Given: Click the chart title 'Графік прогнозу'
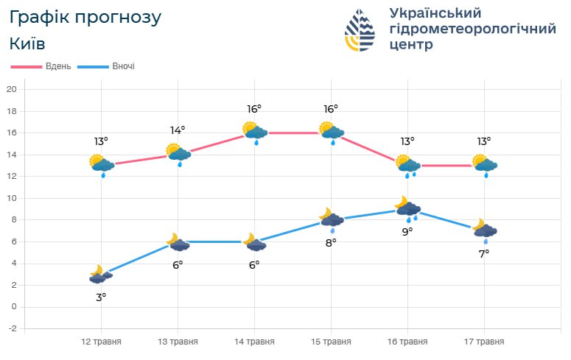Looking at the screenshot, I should click(x=85, y=17).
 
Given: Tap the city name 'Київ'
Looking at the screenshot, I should click(x=27, y=43).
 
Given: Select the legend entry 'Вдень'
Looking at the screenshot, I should click(x=58, y=66).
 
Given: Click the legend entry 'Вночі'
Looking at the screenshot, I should click(x=123, y=66).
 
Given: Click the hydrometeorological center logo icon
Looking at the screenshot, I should click(x=360, y=30).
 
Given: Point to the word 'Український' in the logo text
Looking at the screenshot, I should click(x=435, y=13).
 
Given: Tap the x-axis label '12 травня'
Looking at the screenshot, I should click(x=101, y=342).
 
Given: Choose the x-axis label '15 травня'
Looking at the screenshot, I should click(x=331, y=342).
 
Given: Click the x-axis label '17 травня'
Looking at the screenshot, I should click(x=484, y=342).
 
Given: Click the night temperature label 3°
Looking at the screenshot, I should click(x=101, y=297).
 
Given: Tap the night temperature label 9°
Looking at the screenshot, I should click(x=407, y=231).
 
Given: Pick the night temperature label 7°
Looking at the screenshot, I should click(x=484, y=253).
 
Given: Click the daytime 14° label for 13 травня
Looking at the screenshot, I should click(x=178, y=130).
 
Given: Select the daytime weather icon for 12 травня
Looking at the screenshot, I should click(x=101, y=165).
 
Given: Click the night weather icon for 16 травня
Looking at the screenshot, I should click(x=407, y=209).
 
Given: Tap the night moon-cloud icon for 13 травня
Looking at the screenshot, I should click(x=178, y=242).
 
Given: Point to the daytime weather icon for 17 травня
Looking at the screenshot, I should click(x=484, y=165).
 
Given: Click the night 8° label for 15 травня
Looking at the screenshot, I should click(x=331, y=242).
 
